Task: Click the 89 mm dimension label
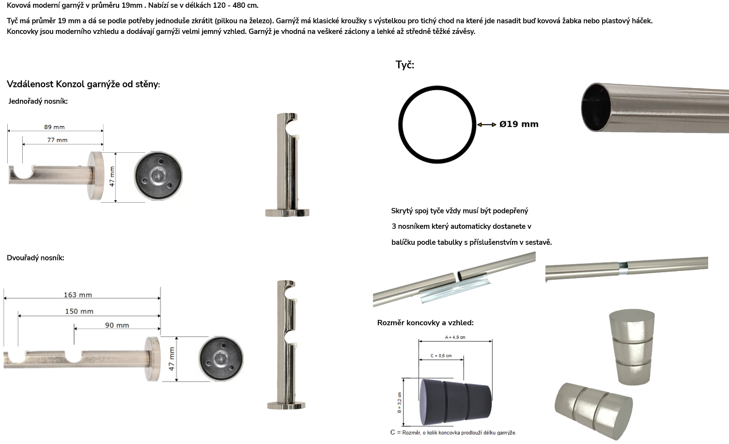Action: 54,127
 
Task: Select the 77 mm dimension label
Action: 57,140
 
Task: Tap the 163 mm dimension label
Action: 78,295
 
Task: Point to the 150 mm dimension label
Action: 79,311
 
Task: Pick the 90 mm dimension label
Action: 117,325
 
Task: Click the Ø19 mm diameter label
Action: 519,124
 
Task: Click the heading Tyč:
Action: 405,65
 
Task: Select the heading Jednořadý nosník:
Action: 38,101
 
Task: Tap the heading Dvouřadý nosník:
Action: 35,258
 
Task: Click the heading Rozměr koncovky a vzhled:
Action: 425,322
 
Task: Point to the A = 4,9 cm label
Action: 455,337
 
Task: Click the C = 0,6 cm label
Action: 441,356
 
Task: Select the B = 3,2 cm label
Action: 399,403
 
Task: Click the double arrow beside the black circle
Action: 486,125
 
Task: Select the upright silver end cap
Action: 632,347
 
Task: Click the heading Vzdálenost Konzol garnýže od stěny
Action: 83,84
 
